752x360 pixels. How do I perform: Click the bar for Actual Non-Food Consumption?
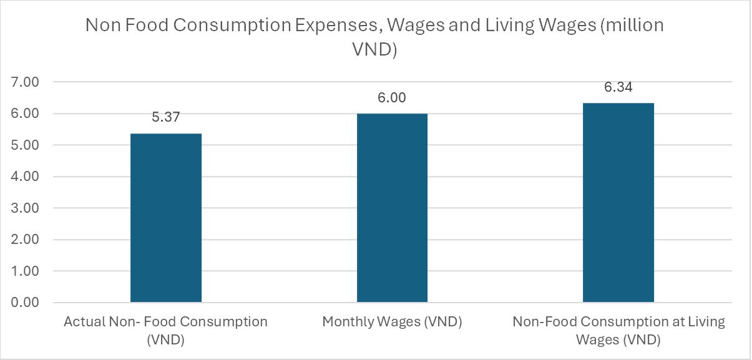[165, 218]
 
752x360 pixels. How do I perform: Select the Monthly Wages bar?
[392, 208]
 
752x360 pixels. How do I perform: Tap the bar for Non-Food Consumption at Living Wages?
[618, 203]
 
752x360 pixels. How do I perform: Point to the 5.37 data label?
[165, 119]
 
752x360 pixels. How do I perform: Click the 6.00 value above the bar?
[392, 99]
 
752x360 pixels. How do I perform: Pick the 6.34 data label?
[618, 87]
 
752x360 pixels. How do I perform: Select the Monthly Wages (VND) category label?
[392, 322]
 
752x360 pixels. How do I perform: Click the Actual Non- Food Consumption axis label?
[165, 331]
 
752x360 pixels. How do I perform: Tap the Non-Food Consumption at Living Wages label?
[618, 331]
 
